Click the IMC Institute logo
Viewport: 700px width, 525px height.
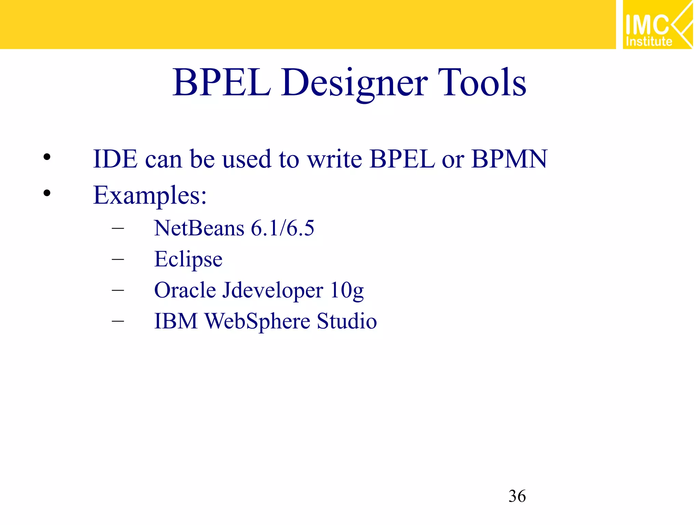657,25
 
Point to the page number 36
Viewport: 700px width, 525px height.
517,496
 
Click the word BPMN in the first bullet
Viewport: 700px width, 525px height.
509,159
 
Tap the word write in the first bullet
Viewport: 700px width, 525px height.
335,159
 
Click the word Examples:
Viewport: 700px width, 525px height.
150,196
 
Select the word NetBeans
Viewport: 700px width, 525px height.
199,228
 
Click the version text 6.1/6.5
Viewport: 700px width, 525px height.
282,228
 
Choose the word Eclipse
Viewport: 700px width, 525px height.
188,259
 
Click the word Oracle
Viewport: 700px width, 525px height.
185,290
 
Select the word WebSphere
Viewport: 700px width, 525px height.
257,321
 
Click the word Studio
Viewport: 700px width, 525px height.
347,321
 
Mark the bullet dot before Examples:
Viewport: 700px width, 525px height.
47,193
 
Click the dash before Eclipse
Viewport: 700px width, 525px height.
118,259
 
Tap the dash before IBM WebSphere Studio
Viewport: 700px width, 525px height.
118,321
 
